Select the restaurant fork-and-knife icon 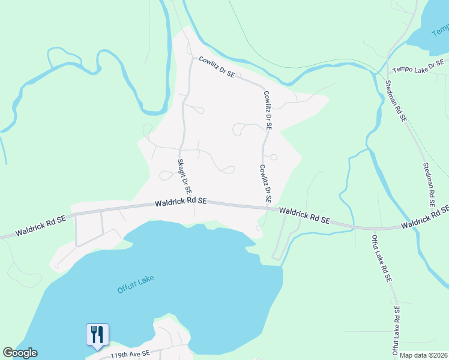click(97, 334)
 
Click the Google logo click(20, 353)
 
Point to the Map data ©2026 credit click(424, 355)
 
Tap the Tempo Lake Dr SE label click(418, 65)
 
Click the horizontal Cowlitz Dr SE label click(217, 68)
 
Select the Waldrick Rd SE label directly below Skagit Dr click(180, 203)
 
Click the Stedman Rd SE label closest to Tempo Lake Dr click(396, 102)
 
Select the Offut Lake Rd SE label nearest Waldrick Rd click(382, 258)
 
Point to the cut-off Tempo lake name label click(440, 29)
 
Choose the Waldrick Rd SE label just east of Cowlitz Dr click(304, 216)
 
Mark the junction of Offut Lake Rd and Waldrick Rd click(374, 229)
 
